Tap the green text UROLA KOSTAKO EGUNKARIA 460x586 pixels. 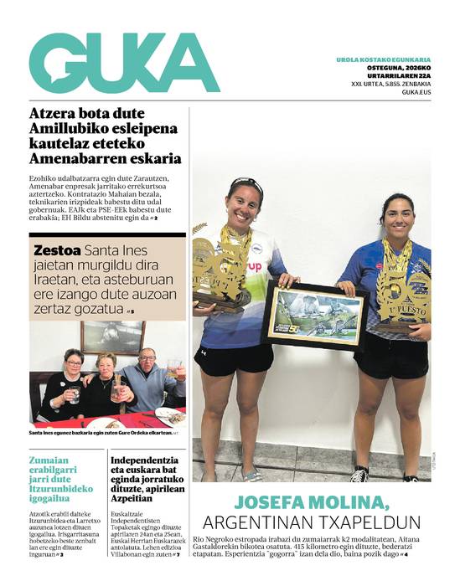pos(383,60)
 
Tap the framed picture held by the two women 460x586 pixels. pos(314,316)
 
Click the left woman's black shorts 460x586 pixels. pos(234,360)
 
